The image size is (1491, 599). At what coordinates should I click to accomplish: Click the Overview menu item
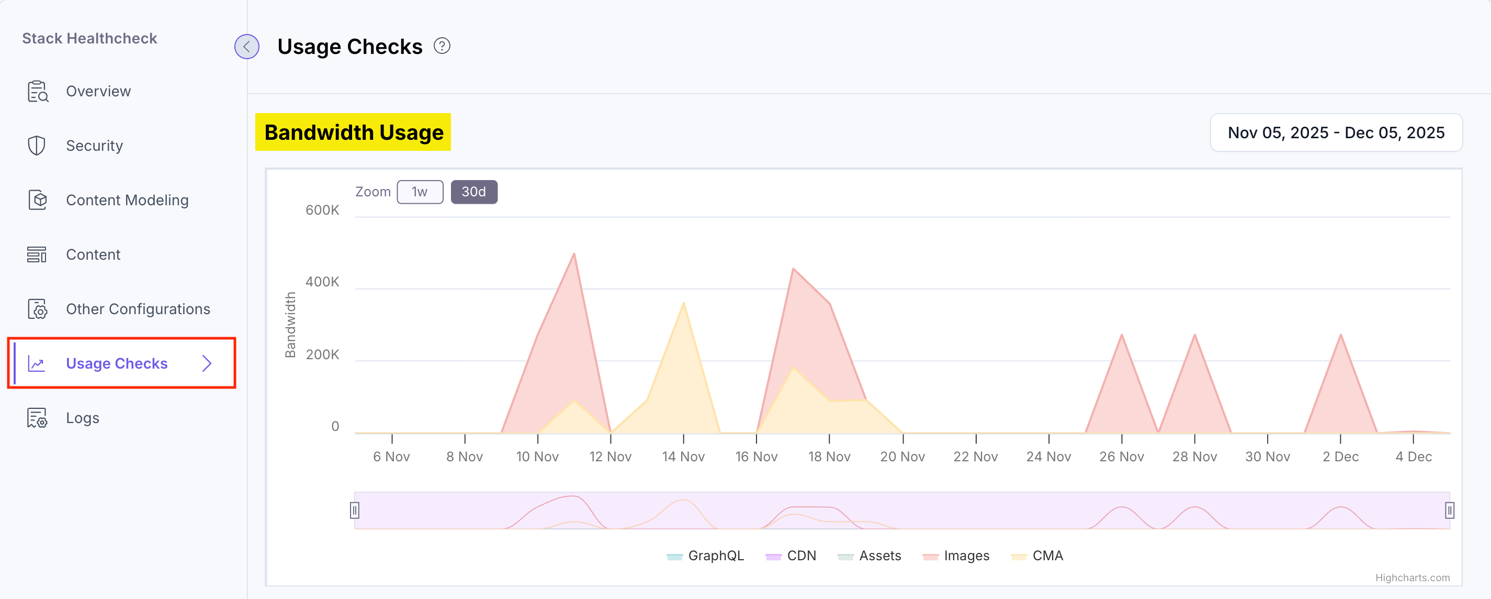click(x=98, y=92)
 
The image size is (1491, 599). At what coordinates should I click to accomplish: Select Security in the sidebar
click(x=94, y=146)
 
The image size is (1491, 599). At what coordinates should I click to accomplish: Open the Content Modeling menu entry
click(x=127, y=201)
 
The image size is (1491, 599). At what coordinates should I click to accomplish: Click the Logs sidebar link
click(x=82, y=418)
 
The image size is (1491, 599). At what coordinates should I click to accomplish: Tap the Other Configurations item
click(x=138, y=309)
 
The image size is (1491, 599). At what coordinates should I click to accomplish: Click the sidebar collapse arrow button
click(x=246, y=47)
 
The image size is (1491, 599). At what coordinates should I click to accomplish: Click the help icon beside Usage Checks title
click(x=442, y=46)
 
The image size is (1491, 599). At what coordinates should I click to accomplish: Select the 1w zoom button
click(x=420, y=192)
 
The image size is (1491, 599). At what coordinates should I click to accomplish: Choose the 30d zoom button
click(x=473, y=192)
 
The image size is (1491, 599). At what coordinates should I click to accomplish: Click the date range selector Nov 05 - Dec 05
click(x=1336, y=132)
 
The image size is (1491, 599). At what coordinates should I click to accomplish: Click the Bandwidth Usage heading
click(x=353, y=132)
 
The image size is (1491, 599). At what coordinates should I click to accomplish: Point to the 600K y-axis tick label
click(x=322, y=210)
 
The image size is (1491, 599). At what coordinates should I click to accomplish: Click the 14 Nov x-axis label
click(x=683, y=457)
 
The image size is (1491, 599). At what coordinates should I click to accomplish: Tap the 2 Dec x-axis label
click(x=1340, y=457)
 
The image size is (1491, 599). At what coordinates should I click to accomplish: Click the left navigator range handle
click(x=355, y=511)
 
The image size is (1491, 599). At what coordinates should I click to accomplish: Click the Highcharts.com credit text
click(x=1413, y=578)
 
